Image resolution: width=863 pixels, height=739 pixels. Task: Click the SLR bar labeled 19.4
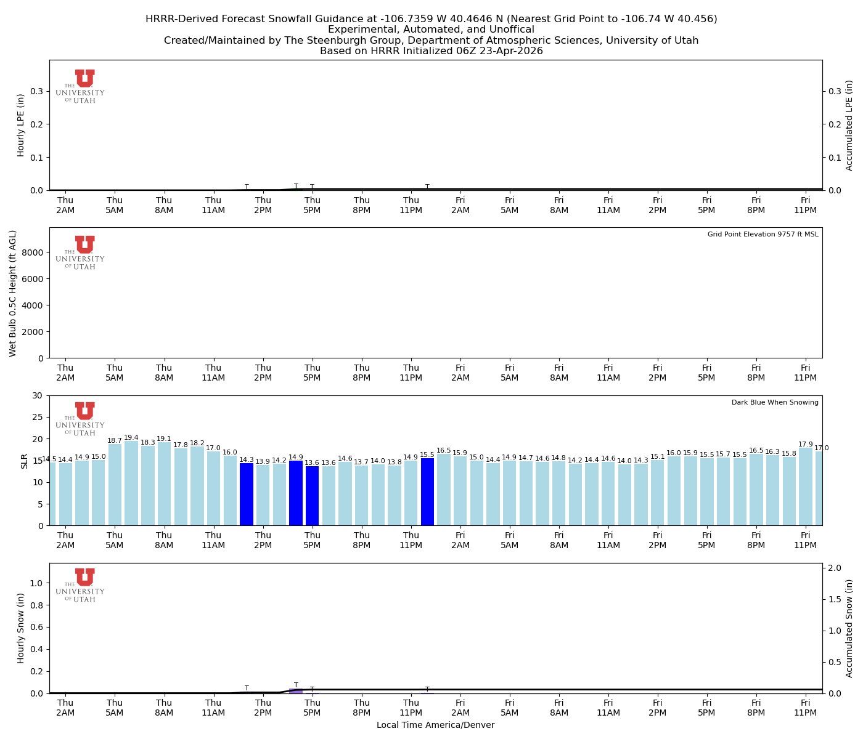click(131, 483)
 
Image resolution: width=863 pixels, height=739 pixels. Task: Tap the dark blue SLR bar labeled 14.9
click(296, 493)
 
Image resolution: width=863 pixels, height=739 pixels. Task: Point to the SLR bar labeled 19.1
click(164, 483)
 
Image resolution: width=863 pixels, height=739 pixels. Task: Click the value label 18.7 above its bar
click(115, 441)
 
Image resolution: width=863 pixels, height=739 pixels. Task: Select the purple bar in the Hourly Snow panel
click(296, 691)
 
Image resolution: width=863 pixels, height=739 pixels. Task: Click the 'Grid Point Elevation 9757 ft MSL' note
click(763, 235)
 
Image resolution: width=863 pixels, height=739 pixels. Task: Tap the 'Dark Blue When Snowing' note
click(775, 403)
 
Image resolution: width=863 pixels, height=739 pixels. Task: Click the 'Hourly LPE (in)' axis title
click(21, 125)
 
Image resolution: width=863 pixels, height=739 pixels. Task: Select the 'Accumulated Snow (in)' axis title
click(849, 628)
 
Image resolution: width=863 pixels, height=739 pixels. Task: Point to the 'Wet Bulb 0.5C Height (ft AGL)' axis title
click(13, 293)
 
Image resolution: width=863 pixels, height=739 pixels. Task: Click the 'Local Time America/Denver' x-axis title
click(435, 725)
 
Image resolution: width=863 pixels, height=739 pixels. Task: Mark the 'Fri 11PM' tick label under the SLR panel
click(805, 541)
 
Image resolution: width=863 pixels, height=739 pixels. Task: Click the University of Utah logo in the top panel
click(81, 86)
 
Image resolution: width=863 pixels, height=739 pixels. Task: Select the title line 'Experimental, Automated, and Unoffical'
click(431, 30)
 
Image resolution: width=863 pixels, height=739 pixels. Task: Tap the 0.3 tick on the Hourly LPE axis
click(37, 91)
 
